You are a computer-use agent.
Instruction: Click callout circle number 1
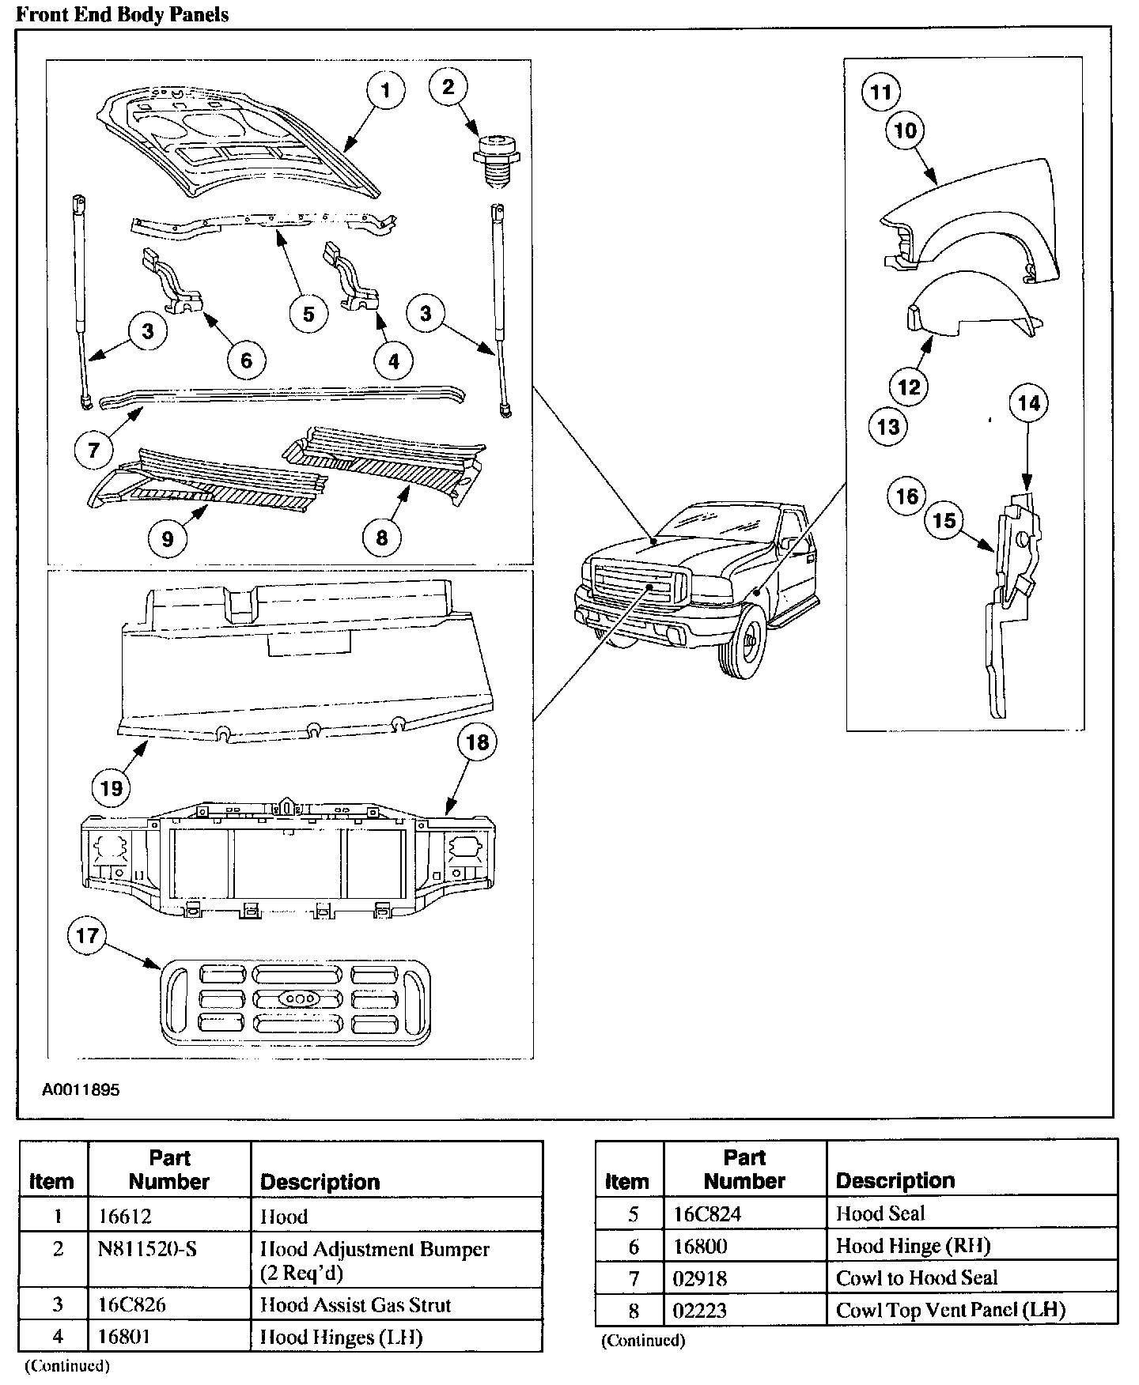(x=385, y=91)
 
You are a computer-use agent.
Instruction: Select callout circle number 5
(x=308, y=314)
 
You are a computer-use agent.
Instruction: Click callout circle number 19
(x=112, y=787)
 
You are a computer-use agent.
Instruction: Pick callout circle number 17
(x=87, y=936)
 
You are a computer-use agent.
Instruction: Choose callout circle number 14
(x=1028, y=403)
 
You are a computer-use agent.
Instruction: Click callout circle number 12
(x=909, y=387)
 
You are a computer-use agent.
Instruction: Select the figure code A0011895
(x=81, y=1089)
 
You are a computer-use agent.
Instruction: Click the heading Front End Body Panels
(x=123, y=14)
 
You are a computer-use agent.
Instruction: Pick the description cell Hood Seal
(x=880, y=1213)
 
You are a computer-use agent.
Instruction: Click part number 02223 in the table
(x=699, y=1310)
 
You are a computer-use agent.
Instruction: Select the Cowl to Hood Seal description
(x=916, y=1277)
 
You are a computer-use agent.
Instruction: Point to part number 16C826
(x=132, y=1304)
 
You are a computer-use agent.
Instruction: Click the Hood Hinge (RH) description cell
(x=913, y=1246)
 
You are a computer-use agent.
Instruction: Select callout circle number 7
(x=94, y=450)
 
